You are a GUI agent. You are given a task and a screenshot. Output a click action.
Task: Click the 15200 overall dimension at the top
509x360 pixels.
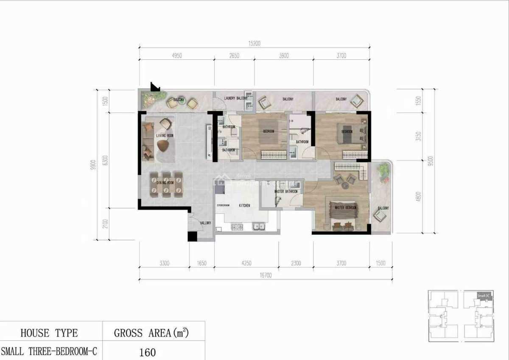[x=254, y=43]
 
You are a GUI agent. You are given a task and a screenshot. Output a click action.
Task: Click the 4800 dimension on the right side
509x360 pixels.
[x=418, y=196]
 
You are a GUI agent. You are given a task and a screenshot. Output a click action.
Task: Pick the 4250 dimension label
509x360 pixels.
[x=246, y=263]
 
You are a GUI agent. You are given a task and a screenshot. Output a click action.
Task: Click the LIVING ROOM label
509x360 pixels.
[x=164, y=136]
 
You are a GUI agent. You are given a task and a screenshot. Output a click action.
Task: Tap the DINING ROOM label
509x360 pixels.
[x=165, y=183]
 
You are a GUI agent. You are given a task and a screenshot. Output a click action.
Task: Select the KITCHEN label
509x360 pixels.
[x=244, y=205]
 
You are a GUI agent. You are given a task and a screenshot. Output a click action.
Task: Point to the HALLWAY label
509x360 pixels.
[x=206, y=222]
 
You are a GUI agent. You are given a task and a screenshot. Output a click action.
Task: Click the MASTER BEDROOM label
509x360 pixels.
[x=345, y=208]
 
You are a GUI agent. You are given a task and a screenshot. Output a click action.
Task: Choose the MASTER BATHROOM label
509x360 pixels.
[x=285, y=191]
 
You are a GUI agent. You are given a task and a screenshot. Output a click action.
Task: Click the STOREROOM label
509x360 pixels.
[x=223, y=205]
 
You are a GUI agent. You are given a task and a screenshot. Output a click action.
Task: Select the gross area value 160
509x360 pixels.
[x=147, y=352]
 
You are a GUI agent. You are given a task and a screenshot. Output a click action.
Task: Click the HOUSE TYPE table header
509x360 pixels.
[x=49, y=333]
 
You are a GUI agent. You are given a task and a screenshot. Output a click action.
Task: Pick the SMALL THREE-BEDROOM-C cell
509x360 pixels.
[x=49, y=352]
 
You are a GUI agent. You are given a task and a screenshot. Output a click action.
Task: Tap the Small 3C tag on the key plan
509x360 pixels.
[x=484, y=295]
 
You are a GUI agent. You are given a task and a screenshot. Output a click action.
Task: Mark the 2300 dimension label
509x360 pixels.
[x=296, y=263]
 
